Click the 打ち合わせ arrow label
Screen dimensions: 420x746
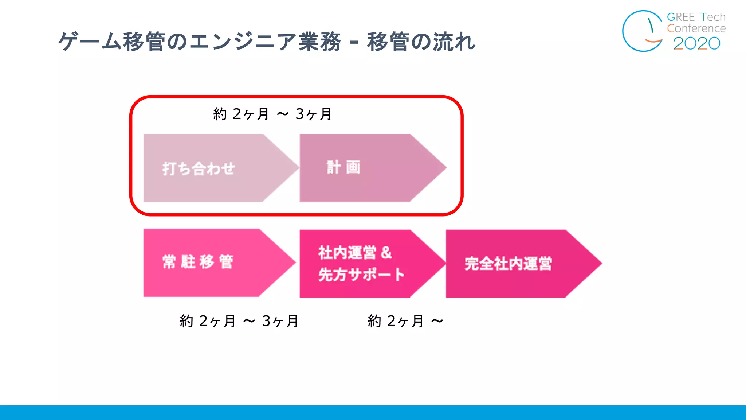coord(199,168)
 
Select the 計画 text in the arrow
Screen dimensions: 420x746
coord(343,167)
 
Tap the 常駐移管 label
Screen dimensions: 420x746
coord(198,262)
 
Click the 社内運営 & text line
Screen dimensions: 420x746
coord(355,252)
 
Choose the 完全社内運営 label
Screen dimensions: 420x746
coord(508,264)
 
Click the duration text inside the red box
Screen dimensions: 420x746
coord(272,114)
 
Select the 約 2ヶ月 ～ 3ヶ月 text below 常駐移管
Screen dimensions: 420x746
coord(239,321)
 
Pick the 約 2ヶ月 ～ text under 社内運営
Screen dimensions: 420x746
coord(405,321)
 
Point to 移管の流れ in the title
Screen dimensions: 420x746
coord(421,42)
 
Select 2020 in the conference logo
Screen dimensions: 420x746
coord(696,43)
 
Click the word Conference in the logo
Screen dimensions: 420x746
coord(696,28)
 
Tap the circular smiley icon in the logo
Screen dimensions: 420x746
coord(643,31)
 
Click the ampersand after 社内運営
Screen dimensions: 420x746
coord(386,252)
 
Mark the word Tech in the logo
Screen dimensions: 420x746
coord(713,17)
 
